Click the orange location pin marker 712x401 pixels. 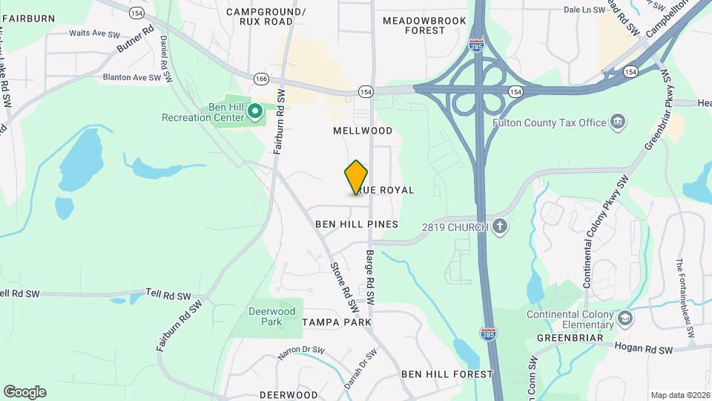pyautogui.click(x=356, y=177)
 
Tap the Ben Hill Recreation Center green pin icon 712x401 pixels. pyautogui.click(x=255, y=112)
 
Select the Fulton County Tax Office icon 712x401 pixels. pyautogui.click(x=617, y=122)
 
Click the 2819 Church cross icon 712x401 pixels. pyautogui.click(x=501, y=226)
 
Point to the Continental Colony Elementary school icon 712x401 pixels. pyautogui.click(x=626, y=319)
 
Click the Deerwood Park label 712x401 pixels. pyautogui.click(x=271, y=316)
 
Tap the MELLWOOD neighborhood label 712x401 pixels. pyautogui.click(x=363, y=131)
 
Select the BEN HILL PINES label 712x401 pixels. pyautogui.click(x=357, y=224)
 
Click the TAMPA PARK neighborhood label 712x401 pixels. pyautogui.click(x=337, y=322)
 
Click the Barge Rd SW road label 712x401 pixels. pyautogui.click(x=369, y=281)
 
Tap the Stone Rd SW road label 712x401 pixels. pyautogui.click(x=343, y=287)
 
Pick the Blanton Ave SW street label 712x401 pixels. pyautogui.click(x=132, y=76)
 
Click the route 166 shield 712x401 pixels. pyautogui.click(x=260, y=78)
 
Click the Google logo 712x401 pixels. pyautogui.click(x=24, y=392)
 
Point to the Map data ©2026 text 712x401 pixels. pyautogui.click(x=679, y=395)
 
